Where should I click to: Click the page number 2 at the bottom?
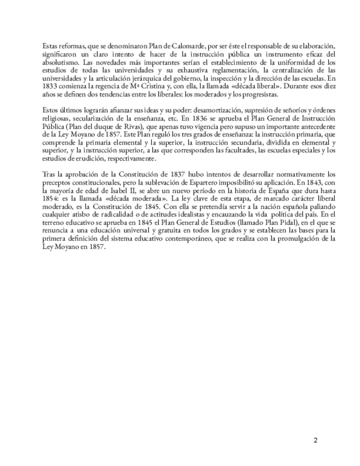pos(315,440)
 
